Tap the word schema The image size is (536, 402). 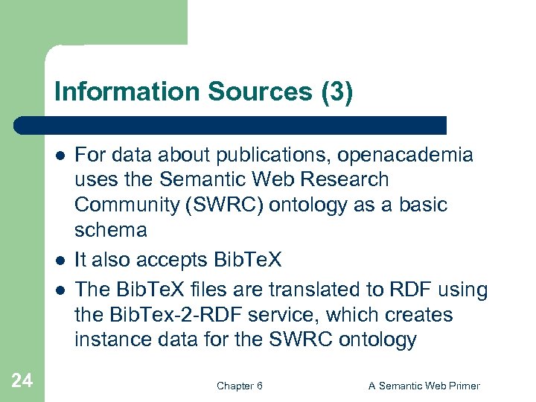(x=110, y=229)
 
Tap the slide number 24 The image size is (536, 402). (x=22, y=381)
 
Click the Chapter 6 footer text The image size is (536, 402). (x=239, y=386)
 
